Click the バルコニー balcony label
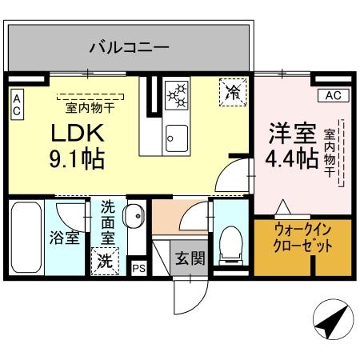tap(129, 47)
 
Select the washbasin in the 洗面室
tap(135, 217)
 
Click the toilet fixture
tap(231, 239)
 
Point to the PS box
tap(139, 269)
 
